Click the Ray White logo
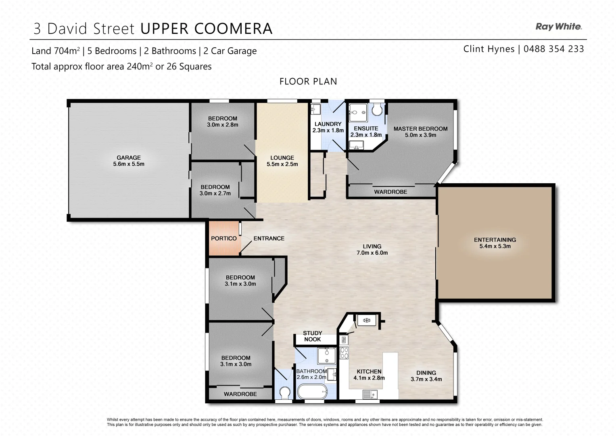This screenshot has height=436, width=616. (x=558, y=27)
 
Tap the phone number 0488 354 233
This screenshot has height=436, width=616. (x=553, y=49)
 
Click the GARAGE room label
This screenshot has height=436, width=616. (x=129, y=158)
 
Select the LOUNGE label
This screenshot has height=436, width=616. (x=282, y=158)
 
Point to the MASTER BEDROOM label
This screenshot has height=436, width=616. (x=420, y=129)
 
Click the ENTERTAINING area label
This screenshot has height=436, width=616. (x=495, y=240)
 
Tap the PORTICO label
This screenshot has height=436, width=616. (x=223, y=239)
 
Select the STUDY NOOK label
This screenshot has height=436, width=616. (x=313, y=336)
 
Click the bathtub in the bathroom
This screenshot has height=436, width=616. (x=312, y=391)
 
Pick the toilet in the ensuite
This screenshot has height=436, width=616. (x=378, y=109)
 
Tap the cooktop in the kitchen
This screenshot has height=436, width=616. (x=344, y=353)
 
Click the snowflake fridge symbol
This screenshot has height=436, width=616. (x=367, y=321)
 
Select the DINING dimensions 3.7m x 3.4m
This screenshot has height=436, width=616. (x=426, y=379)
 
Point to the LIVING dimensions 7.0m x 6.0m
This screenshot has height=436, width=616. (x=372, y=253)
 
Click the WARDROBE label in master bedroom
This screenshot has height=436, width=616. (x=390, y=192)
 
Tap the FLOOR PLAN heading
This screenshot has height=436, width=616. (x=308, y=82)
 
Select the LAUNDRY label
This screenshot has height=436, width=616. (x=328, y=124)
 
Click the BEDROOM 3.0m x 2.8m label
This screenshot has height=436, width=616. (x=223, y=122)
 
